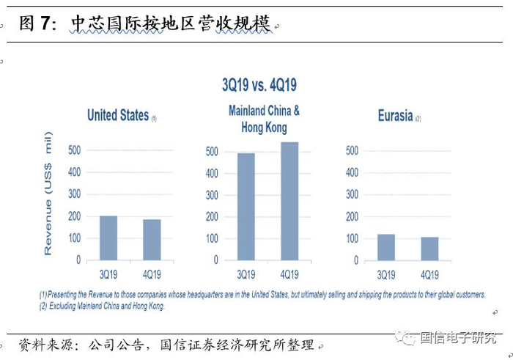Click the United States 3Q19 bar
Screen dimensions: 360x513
coord(108,238)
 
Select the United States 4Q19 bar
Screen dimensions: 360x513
coord(152,240)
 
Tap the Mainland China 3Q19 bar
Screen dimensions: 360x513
coord(246,207)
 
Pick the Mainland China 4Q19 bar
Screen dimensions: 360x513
coord(289,202)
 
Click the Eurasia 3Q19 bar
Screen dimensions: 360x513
coord(386,247)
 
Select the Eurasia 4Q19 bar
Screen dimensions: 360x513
coord(429,249)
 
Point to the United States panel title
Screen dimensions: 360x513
coord(118,116)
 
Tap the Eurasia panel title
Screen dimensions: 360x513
coord(395,116)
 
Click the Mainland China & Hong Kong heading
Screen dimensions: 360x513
coord(264,119)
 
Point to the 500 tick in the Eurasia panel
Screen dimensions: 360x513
coord(352,151)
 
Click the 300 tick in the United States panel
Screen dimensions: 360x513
coord(74,195)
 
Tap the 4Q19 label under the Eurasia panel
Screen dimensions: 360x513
coord(429,275)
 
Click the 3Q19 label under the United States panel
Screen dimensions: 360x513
coord(108,275)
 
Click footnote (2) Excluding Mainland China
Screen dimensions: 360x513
coord(103,306)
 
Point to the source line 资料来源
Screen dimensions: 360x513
coord(167,345)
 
